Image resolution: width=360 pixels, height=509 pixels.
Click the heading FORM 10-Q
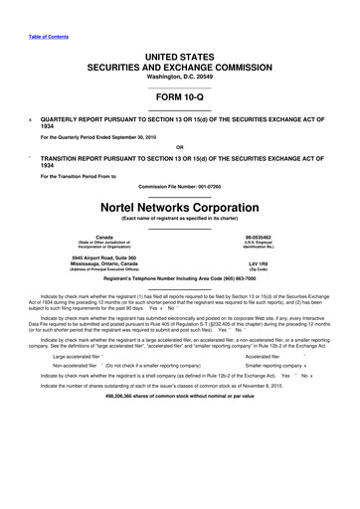tap(180, 97)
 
